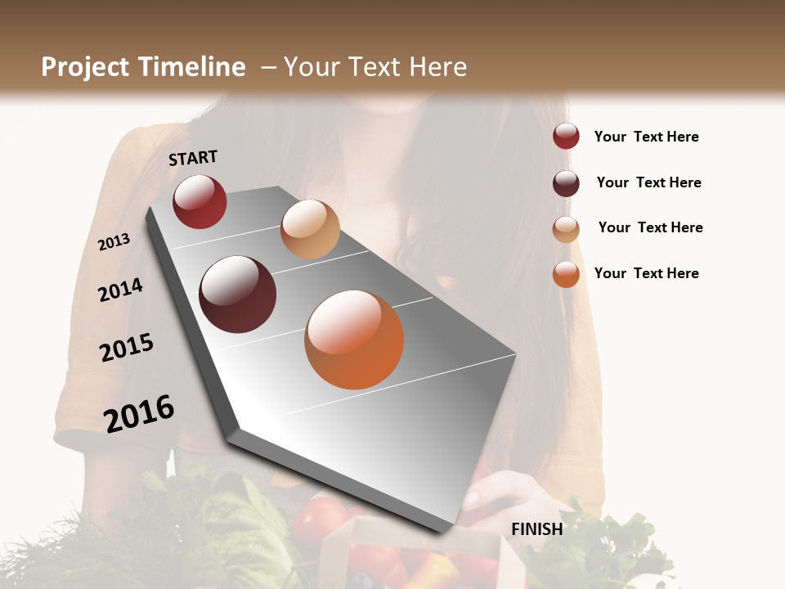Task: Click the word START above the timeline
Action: coord(193,158)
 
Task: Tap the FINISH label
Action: coord(536,529)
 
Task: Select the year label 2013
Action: coord(114,242)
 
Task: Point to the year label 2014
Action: coord(120,290)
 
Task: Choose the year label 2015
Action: coord(126,348)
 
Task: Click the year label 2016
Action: coord(139,413)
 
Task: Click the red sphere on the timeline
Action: coord(200,202)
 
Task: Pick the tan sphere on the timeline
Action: coord(310,229)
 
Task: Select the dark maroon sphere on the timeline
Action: coord(238,294)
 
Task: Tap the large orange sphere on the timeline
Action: coord(354,339)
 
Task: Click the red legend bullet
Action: coord(566,137)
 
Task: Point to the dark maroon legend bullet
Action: coord(566,183)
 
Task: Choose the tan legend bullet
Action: coord(566,229)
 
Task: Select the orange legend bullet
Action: coord(566,274)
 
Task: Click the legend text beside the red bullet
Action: coord(646,137)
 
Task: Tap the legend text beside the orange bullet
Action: coord(646,273)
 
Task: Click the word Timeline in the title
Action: coord(193,67)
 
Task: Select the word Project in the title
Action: coord(85,67)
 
